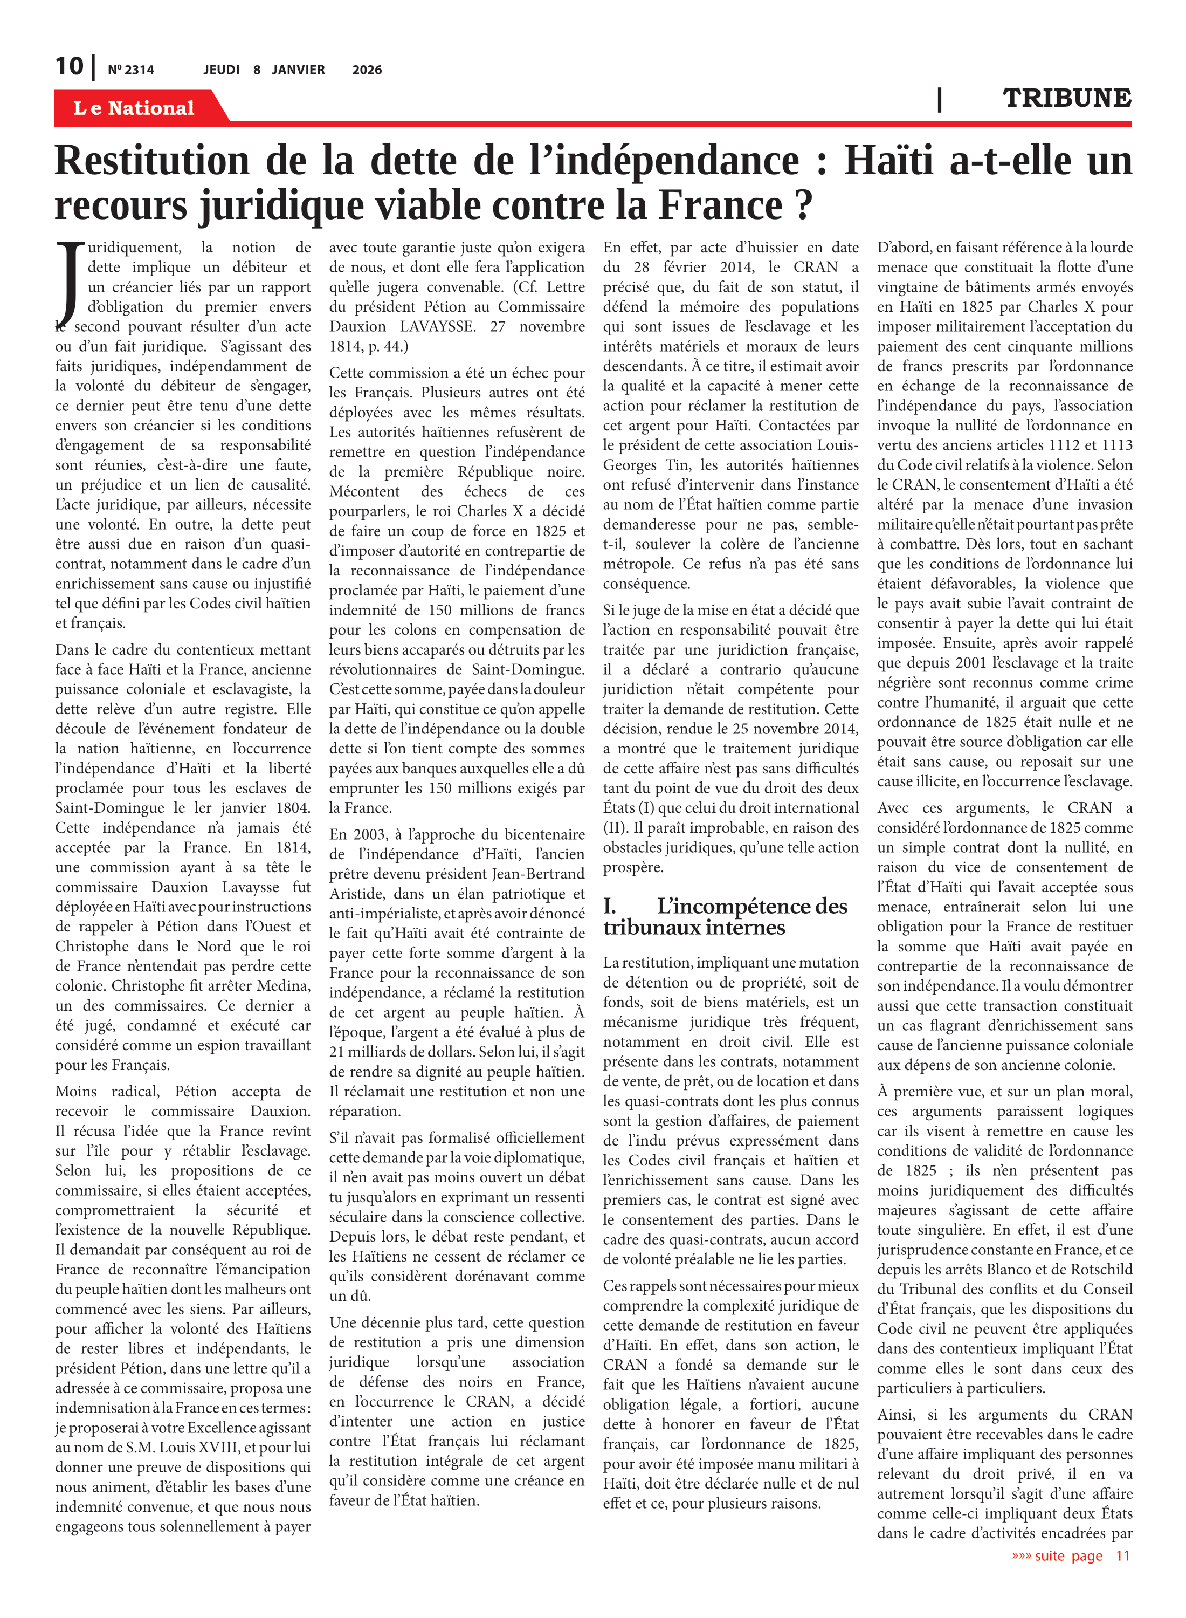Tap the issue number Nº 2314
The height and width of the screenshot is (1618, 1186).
tap(130, 70)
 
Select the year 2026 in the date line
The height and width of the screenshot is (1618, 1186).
tap(367, 70)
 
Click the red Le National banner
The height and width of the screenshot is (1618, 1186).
tap(134, 108)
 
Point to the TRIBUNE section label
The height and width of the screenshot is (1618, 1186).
tap(1067, 98)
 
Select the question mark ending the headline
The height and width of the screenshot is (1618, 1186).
tap(804, 205)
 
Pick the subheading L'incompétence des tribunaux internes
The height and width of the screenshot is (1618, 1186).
tap(725, 916)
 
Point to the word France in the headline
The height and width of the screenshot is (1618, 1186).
tap(720, 205)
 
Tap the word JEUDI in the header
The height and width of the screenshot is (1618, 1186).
tap(221, 70)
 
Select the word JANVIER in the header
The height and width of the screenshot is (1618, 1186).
tap(298, 70)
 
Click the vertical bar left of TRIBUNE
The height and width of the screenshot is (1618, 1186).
tap(940, 99)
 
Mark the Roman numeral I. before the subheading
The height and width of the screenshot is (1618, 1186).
tap(609, 906)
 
